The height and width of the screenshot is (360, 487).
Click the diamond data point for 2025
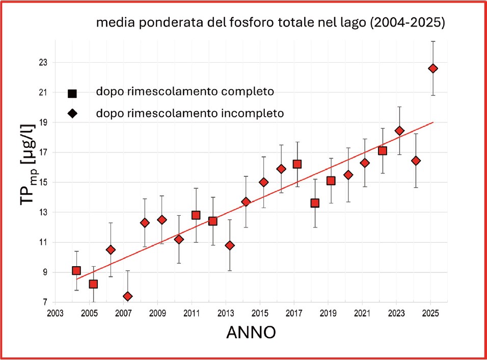coord(433,68)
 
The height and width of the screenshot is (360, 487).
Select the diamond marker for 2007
coord(127,296)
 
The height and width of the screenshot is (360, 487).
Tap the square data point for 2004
coord(76,271)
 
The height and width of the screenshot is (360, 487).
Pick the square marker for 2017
coord(297,164)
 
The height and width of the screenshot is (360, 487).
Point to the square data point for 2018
coord(315,203)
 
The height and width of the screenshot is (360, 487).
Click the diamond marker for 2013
coord(230,245)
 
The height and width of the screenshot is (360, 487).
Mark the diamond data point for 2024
coord(416,161)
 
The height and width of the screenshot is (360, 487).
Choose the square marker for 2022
coord(383,150)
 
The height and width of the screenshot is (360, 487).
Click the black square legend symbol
coord(72,93)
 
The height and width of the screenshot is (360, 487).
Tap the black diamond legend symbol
coord(72,113)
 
